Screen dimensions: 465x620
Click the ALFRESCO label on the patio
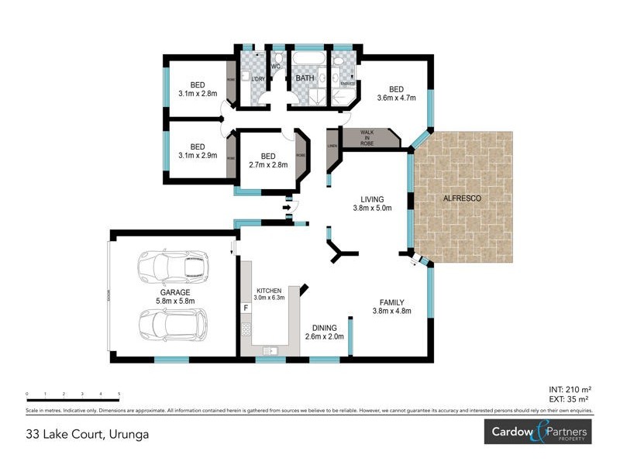click(462, 199)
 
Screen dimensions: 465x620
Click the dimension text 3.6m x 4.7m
click(396, 98)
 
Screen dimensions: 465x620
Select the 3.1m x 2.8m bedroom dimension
click(198, 93)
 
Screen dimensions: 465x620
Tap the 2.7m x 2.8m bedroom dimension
click(268, 164)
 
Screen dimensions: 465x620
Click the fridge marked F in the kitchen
click(246, 308)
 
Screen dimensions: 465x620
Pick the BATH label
click(304, 78)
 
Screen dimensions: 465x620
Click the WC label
click(275, 67)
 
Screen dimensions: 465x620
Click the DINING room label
click(324, 328)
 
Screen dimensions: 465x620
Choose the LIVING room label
click(368, 198)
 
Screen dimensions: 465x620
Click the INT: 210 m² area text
click(570, 390)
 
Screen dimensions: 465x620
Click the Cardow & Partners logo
click(536, 432)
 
